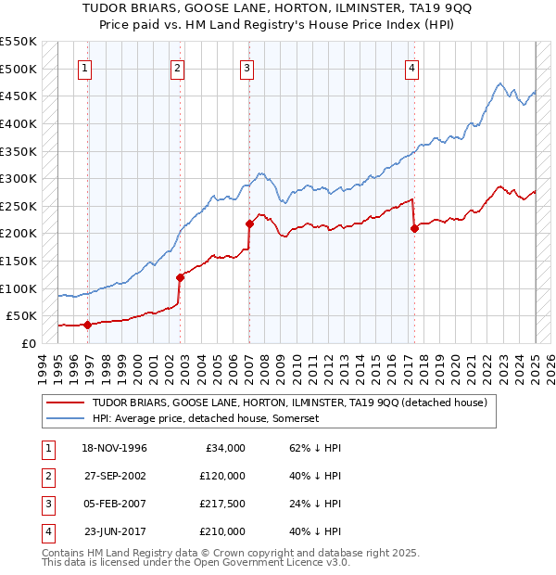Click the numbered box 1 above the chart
(84, 67)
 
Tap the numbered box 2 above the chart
(177, 67)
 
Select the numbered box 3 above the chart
(247, 67)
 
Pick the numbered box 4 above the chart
(411, 67)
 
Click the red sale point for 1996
(87, 325)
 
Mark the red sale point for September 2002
(181, 277)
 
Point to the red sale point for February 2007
(249, 224)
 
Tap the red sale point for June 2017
(414, 228)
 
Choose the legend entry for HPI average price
(205, 419)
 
